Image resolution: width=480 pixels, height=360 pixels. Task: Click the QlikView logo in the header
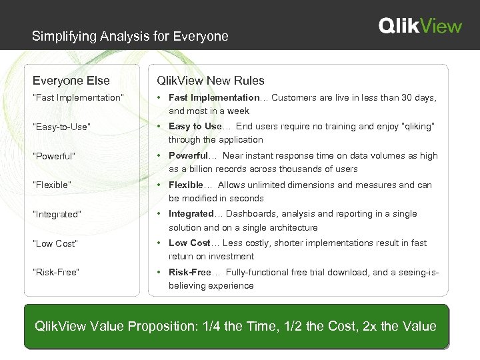[x=420, y=25]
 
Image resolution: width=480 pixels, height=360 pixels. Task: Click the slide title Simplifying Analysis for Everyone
[x=130, y=36]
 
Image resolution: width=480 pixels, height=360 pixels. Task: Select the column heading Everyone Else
[x=71, y=81]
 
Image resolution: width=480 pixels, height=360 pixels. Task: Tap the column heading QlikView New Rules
[x=210, y=81]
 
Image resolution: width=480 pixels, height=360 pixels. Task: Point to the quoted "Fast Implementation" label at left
[x=79, y=98]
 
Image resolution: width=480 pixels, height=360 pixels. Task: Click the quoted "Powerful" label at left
[x=55, y=156]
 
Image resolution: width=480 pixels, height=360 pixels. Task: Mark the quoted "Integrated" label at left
[x=57, y=214]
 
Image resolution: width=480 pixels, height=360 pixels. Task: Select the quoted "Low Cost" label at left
[x=55, y=243]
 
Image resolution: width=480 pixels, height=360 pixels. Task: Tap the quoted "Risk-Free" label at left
[x=57, y=272]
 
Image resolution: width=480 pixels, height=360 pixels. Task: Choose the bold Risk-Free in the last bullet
[x=189, y=272]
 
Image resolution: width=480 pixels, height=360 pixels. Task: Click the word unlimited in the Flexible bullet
[x=271, y=185]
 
